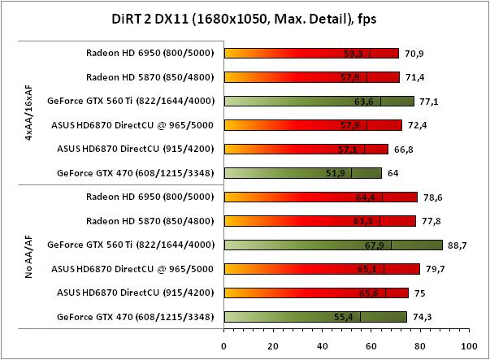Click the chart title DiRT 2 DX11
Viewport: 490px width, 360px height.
[245, 17]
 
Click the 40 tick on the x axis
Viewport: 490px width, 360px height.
[321, 345]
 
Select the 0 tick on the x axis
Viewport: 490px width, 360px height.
[224, 345]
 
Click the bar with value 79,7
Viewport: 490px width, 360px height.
[322, 268]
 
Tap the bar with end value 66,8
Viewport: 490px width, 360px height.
[306, 149]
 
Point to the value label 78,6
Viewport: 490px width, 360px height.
[433, 197]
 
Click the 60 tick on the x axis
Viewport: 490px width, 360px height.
[370, 345]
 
